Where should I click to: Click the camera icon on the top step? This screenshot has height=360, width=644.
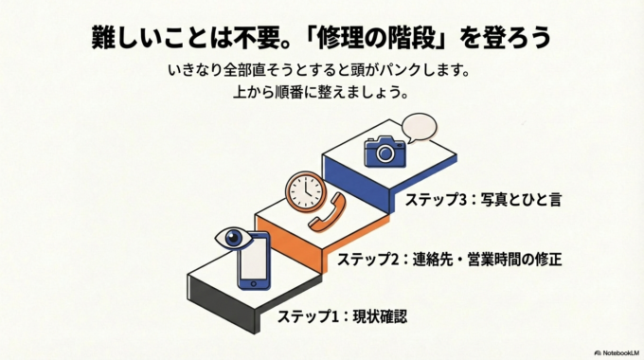pyautogui.click(x=384, y=152)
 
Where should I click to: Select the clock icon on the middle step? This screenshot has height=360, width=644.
pyautogui.click(x=306, y=190)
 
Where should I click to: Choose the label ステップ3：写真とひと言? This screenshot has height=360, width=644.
pyautogui.click(x=483, y=200)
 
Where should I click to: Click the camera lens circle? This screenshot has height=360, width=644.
pyautogui.click(x=385, y=153)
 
